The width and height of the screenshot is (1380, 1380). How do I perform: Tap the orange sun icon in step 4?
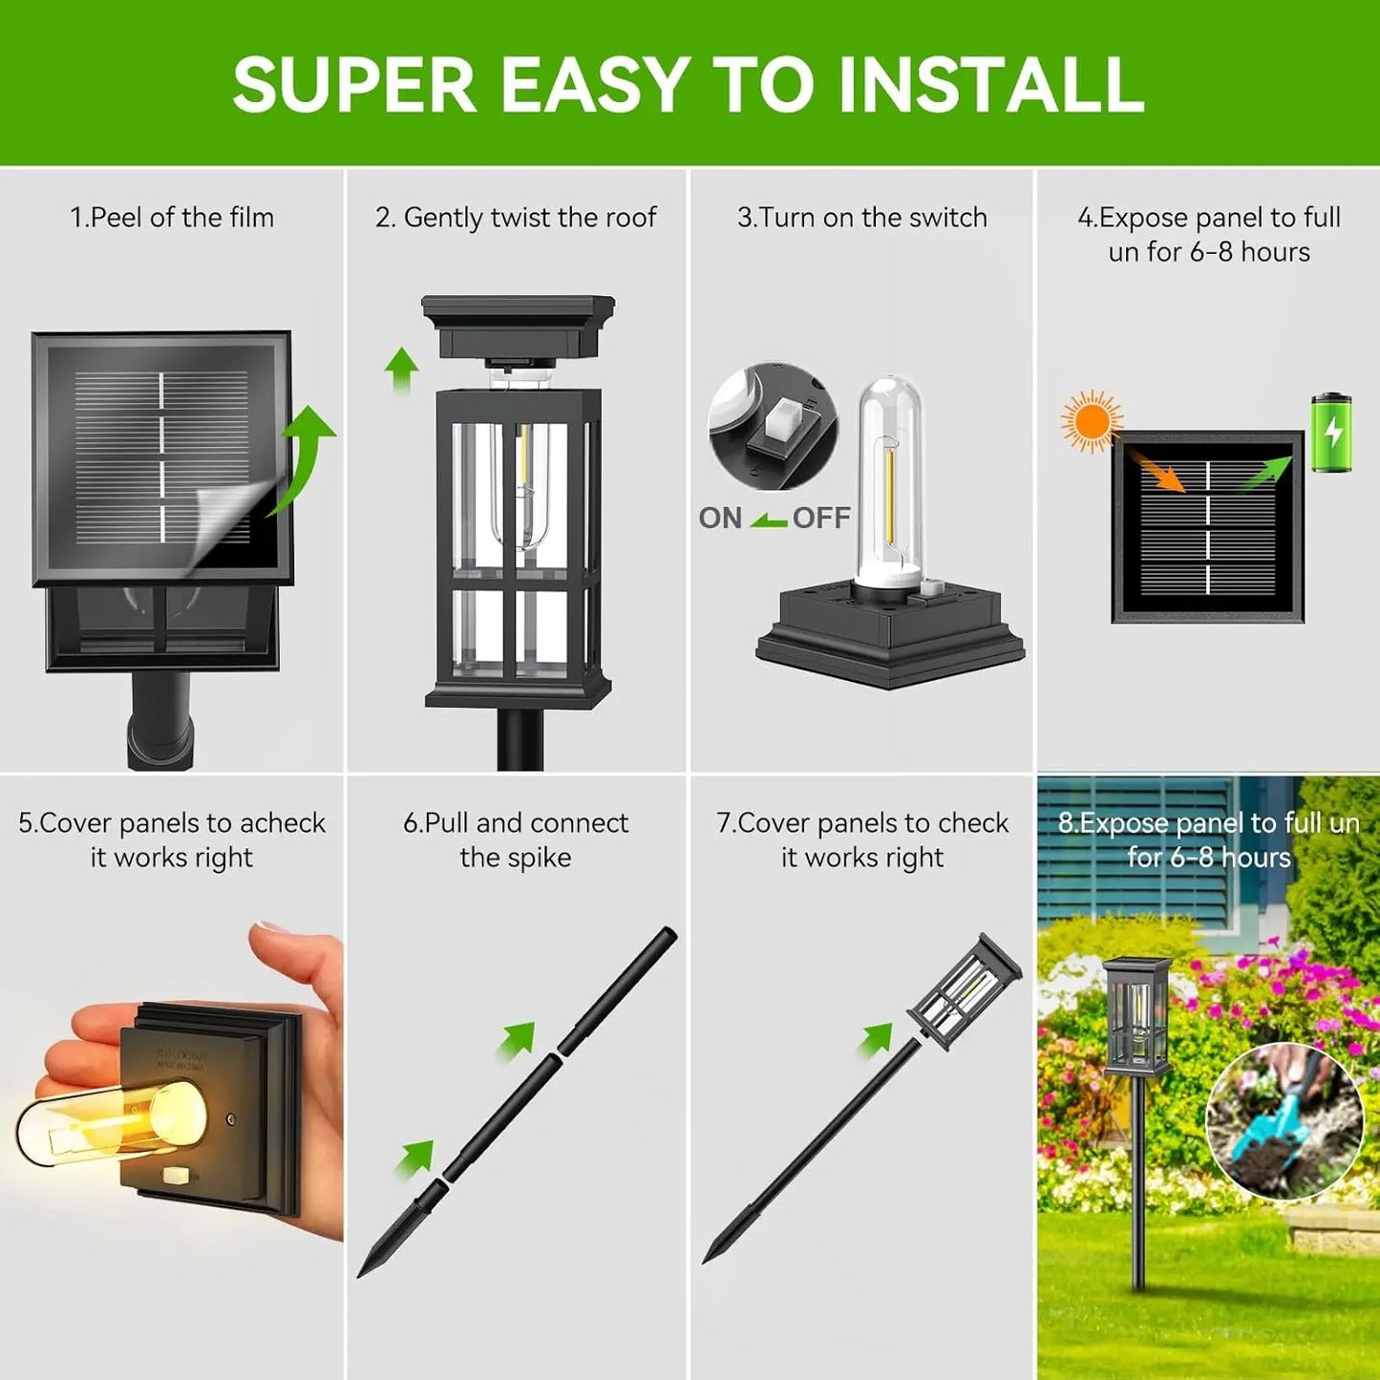pos(1091,421)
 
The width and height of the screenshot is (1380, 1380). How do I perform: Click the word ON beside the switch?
pos(720,518)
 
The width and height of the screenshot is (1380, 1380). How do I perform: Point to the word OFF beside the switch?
pos(821,518)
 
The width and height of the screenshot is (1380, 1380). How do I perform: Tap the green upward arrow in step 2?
pos(402,370)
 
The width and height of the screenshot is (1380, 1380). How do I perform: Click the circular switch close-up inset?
pos(773,426)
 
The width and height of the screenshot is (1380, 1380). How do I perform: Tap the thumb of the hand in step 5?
pos(296,955)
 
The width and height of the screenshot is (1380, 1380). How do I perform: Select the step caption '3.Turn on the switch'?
pos(861,218)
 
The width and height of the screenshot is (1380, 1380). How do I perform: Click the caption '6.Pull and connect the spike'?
pos(516,839)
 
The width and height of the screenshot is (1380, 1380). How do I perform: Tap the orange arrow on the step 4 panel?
pos(1158,472)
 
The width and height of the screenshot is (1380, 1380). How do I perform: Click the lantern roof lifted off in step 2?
pos(518,326)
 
